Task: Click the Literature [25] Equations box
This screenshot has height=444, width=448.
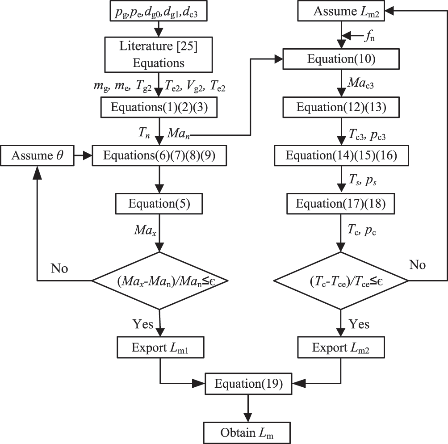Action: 159,54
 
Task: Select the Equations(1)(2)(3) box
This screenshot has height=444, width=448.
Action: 159,108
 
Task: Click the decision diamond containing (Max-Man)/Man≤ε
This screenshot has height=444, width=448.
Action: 159,281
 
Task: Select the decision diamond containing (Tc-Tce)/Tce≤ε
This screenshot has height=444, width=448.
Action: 341,281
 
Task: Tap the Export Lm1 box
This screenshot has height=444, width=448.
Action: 159,347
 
